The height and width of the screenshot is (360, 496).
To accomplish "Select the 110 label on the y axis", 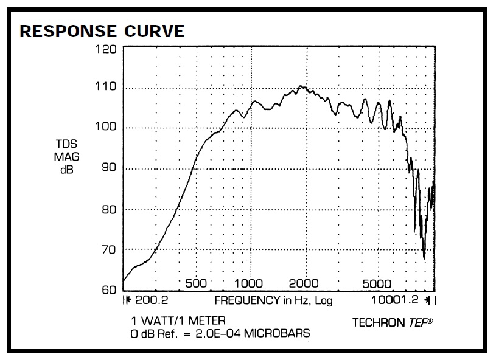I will click(x=106, y=87).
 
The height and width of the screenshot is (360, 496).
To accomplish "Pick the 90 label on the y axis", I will click(x=108, y=168).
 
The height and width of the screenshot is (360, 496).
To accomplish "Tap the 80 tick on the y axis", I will click(x=108, y=209).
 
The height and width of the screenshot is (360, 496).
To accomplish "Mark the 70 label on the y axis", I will click(x=108, y=249).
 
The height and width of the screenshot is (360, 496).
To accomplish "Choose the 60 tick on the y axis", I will click(x=108, y=289).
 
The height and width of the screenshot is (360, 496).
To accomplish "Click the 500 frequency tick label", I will click(x=196, y=283).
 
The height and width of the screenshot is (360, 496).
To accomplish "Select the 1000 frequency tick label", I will click(x=248, y=283).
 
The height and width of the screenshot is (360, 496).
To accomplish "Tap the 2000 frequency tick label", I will click(x=304, y=283).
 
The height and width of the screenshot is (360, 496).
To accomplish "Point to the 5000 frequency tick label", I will click(x=377, y=283).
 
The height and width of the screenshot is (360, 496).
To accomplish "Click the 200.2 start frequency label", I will click(x=150, y=300).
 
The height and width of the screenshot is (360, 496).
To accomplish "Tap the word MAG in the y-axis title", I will click(x=66, y=157).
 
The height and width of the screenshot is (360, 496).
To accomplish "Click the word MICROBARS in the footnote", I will click(x=281, y=333).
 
